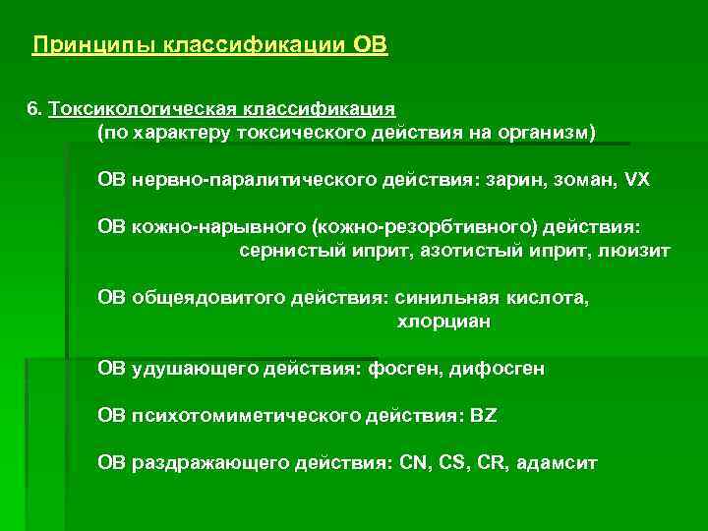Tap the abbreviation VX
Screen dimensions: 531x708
tap(637, 181)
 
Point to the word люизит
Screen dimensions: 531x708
tap(635, 251)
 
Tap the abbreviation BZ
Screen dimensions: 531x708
tap(485, 415)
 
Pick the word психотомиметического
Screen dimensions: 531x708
tap(253, 415)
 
